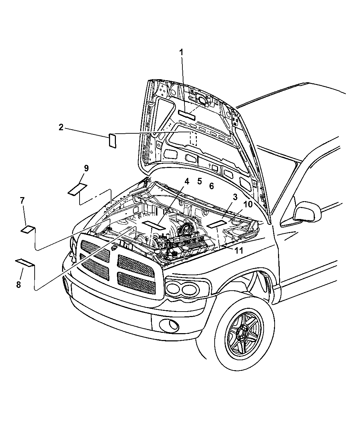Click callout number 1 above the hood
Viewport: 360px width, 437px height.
click(x=181, y=52)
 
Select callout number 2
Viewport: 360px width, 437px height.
click(x=61, y=127)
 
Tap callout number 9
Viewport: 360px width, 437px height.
click(x=86, y=168)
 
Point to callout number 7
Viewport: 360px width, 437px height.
click(x=22, y=201)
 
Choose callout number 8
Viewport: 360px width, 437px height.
click(x=19, y=284)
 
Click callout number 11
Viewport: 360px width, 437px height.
click(x=239, y=250)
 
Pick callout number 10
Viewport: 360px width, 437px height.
click(x=248, y=204)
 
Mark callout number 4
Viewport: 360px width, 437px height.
click(x=187, y=182)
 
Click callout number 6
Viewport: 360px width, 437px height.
click(x=211, y=186)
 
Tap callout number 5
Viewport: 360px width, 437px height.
click(x=200, y=181)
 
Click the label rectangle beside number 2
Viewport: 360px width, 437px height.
click(x=112, y=141)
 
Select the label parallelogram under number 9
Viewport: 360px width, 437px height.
click(x=77, y=190)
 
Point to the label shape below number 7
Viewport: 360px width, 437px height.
click(x=28, y=229)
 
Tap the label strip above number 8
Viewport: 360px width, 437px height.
click(x=24, y=263)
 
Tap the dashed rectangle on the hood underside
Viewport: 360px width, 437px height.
click(x=193, y=139)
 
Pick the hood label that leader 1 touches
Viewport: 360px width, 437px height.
click(x=187, y=115)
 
